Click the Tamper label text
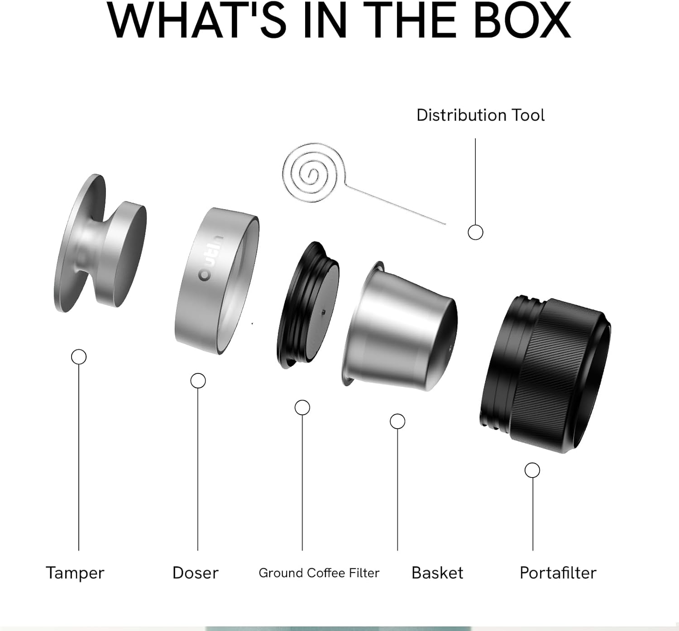[x=75, y=573]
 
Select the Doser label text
[x=196, y=573]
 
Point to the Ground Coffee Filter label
[x=319, y=573]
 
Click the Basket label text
[x=437, y=573]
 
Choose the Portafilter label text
[x=558, y=573]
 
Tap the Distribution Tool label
[x=480, y=115]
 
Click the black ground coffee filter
[x=308, y=306]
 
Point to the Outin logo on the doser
[x=211, y=258]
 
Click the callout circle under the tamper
[x=79, y=357]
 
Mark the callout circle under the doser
[x=198, y=381]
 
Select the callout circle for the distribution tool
[x=475, y=232]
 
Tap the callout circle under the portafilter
[x=532, y=470]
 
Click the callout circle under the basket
[x=397, y=421]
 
